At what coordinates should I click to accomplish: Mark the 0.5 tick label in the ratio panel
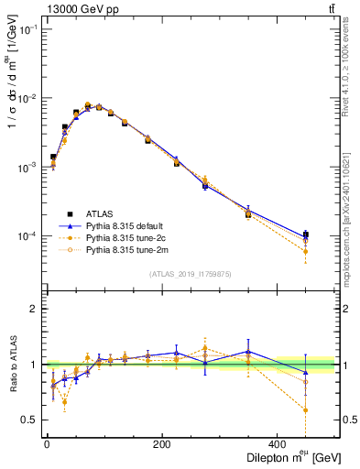[29, 420]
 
